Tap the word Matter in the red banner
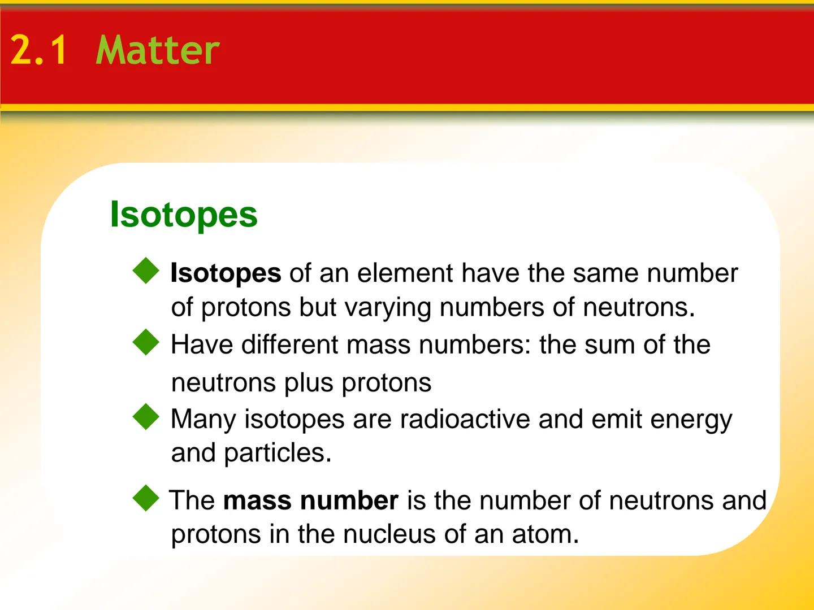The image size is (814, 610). point(158,51)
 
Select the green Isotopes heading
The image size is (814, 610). point(184,215)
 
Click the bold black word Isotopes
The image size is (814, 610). point(226,273)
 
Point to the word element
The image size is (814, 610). point(405,273)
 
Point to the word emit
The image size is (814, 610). point(616,419)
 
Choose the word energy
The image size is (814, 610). point(691,420)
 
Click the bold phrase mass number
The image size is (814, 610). point(311,501)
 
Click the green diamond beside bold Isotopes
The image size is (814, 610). point(146,271)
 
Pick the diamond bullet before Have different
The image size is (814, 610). point(146,342)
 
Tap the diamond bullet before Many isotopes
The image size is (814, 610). point(146,417)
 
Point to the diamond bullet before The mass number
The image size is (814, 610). point(146,498)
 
